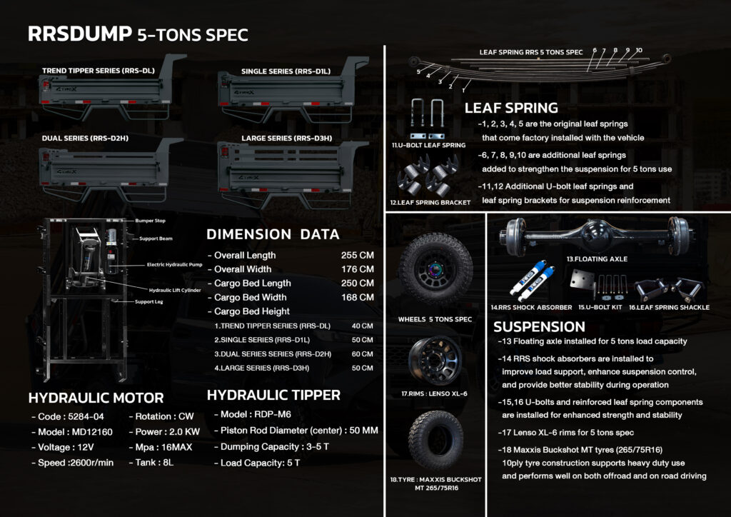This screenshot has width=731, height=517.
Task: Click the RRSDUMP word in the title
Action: [x=79, y=34]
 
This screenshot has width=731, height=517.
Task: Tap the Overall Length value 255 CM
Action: [x=357, y=256]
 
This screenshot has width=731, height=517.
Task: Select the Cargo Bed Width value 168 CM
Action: [x=357, y=297]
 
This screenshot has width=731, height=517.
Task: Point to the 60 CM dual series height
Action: [x=362, y=354]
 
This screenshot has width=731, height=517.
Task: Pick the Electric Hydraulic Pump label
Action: [x=176, y=265]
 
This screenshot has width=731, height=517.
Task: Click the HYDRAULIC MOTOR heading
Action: [x=96, y=398]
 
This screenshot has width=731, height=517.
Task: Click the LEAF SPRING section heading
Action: [x=511, y=109]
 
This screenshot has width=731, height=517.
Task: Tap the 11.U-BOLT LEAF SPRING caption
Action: [x=428, y=145]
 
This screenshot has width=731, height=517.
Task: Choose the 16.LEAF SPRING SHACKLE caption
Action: [x=674, y=308]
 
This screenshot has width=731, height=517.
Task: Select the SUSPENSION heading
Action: [x=539, y=327]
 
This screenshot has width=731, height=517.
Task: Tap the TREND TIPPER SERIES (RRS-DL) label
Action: [x=98, y=71]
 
